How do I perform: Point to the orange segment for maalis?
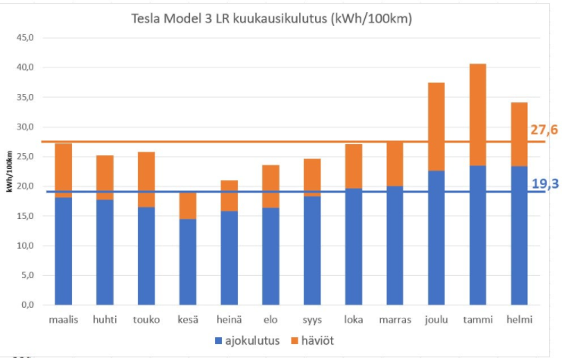tap(64, 170)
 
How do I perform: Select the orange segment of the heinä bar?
tap(229, 196)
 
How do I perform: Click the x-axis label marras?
tap(395, 319)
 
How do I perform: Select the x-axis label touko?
tap(146, 319)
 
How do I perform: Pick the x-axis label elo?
tap(270, 319)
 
